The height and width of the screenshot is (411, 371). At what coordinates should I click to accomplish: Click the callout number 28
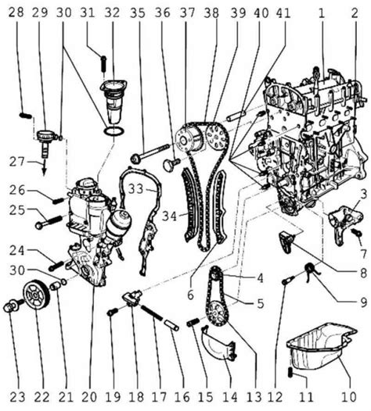coord(16,13)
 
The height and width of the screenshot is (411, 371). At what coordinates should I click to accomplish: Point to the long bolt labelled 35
coord(150,152)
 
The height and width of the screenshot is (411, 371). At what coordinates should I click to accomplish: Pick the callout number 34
coord(169,216)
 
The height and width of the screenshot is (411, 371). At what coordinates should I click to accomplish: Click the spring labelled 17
coord(152,313)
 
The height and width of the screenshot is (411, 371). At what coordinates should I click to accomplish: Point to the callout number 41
coord(283,13)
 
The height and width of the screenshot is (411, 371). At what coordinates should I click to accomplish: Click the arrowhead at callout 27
coord(44,173)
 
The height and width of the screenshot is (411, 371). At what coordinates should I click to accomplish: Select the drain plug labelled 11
coord(290,372)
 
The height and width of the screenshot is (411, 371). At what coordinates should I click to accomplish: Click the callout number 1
coord(322,13)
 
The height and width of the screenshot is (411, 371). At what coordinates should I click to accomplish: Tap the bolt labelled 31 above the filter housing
coord(103,63)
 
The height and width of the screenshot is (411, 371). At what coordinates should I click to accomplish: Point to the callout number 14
coord(231,398)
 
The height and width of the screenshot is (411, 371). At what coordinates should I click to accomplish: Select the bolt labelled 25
coord(49,221)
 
